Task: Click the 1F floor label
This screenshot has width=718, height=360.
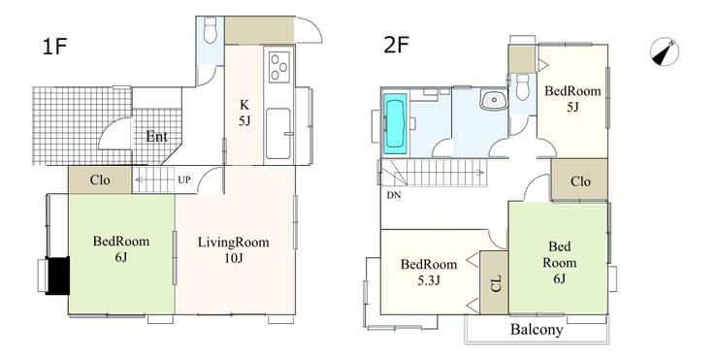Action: coord(54,47)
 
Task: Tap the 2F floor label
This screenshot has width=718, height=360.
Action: coord(397,46)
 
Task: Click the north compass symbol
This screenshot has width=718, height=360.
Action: coord(665,51)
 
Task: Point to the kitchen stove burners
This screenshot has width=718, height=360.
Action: coord(279,67)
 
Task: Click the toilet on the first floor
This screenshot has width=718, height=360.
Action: coord(211,30)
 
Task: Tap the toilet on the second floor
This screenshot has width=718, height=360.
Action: coord(522,86)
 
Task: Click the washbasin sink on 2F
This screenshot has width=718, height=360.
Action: coord(493,99)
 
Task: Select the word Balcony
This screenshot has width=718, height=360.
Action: coord(537,329)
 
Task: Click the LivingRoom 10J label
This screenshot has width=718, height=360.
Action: coord(234,249)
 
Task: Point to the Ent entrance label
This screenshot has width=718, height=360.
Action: coord(156,137)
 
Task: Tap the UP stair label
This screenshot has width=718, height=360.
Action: coord(184,180)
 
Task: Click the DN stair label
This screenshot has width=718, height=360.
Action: coord(394,195)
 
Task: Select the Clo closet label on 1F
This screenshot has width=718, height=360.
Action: coord(100,180)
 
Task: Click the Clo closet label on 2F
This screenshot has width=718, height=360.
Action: coord(580,181)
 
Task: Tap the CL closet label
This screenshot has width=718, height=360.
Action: coord(497,282)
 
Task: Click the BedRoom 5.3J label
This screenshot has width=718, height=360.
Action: coord(429,272)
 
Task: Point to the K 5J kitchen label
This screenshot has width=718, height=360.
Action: coord(245,113)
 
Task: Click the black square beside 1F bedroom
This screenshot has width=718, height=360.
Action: coord(58,276)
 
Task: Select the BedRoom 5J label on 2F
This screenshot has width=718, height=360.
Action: coord(572,98)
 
